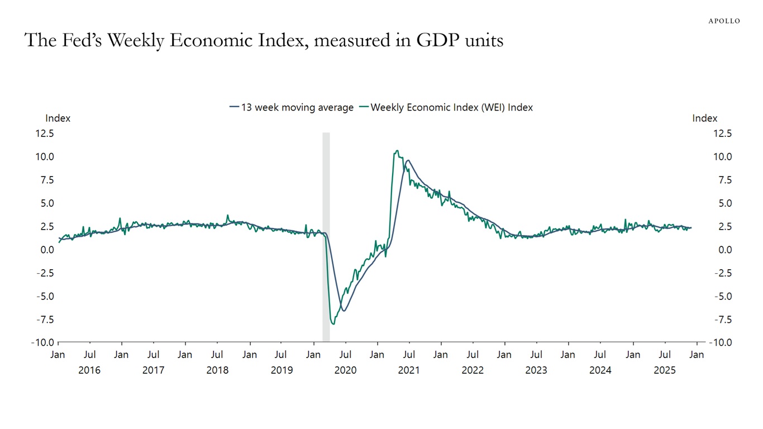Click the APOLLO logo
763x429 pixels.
[x=724, y=21]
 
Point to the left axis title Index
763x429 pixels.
[x=58, y=118]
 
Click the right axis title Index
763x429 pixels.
[x=704, y=118]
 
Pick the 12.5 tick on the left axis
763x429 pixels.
[x=45, y=134]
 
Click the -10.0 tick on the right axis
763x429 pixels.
[x=720, y=343]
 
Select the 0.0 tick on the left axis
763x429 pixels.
[x=46, y=250]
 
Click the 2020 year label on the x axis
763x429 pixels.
[x=345, y=370]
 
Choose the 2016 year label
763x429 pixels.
[x=89, y=370]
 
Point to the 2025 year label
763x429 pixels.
[x=665, y=370]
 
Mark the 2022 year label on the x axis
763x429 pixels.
[x=473, y=370]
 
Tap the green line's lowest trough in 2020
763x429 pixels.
[x=333, y=323]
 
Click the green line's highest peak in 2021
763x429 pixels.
[x=397, y=150]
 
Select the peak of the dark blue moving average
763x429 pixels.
[x=408, y=160]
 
